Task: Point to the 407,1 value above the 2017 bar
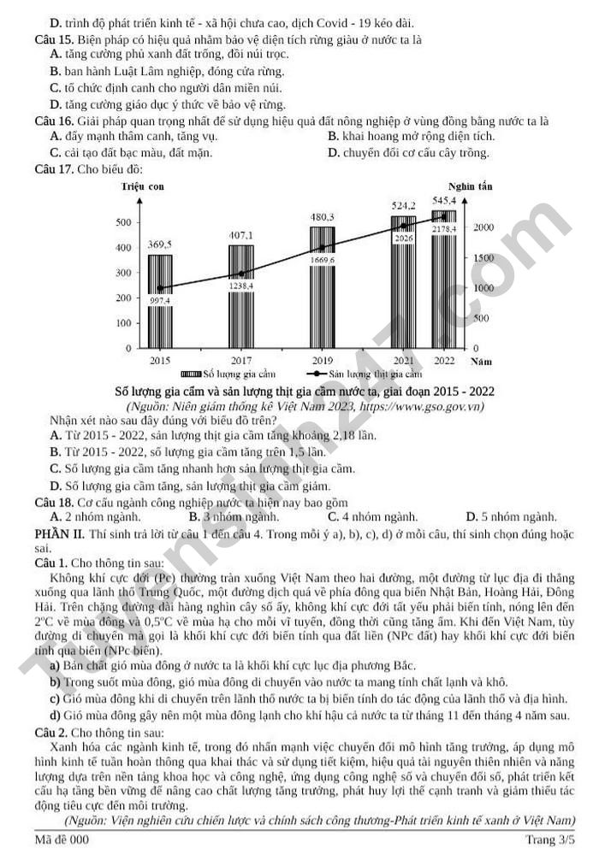coord(240,235)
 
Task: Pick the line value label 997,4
coord(160,300)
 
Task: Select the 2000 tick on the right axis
coord(483,227)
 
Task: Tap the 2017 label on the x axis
coord(240,361)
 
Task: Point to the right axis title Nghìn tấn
coord(470,186)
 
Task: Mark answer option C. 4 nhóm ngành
coord(373,517)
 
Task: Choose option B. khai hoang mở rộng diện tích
coord(412,136)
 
